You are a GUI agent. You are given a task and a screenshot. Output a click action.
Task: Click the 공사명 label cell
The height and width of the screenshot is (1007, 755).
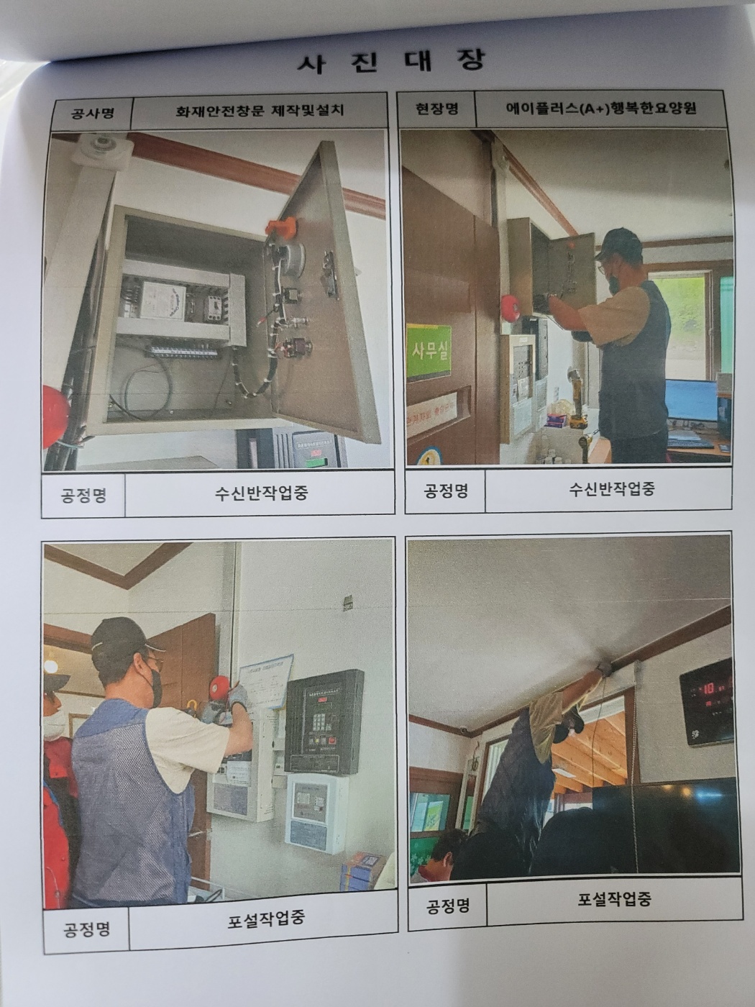tap(92, 113)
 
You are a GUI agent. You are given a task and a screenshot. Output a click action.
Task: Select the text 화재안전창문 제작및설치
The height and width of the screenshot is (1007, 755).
tap(260, 111)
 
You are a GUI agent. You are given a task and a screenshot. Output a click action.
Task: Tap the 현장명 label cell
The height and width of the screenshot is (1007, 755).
tap(436, 109)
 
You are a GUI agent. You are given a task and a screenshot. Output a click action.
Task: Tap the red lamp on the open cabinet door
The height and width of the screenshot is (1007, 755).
tap(280, 227)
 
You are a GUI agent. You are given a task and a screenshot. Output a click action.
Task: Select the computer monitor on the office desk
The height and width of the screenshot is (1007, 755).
tap(691, 401)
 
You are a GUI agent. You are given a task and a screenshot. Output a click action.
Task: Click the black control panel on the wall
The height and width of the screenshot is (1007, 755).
tap(324, 721)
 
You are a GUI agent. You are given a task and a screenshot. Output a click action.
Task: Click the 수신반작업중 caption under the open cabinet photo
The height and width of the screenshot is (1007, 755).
tap(261, 493)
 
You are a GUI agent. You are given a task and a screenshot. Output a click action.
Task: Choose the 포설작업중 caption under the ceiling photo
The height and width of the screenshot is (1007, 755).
tap(614, 898)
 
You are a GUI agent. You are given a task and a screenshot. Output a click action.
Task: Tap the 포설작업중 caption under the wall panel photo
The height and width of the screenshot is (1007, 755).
tap(266, 919)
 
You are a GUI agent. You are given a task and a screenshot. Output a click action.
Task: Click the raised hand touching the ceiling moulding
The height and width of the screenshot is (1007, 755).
tap(604, 668)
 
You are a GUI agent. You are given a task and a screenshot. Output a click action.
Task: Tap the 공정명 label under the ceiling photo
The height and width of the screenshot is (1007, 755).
tap(448, 905)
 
